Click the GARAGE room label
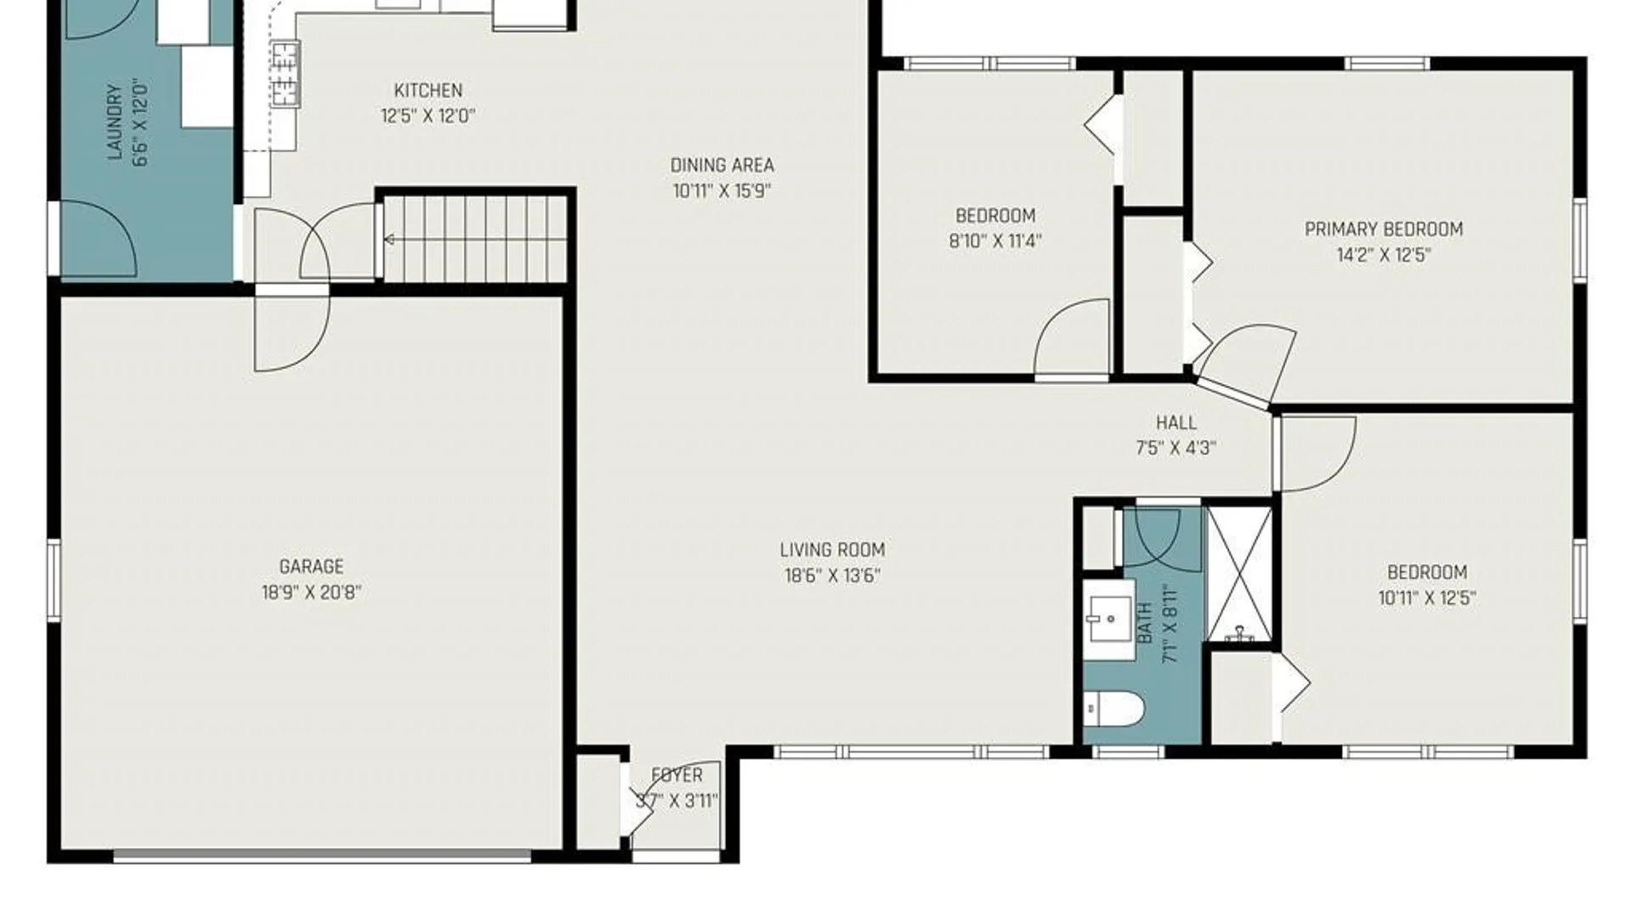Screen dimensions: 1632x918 pos(311,566)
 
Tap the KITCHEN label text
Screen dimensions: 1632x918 pos(428,90)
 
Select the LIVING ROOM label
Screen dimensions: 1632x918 pos(832,550)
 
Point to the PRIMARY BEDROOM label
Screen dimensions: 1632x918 pos(1384,229)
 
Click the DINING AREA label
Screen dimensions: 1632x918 pos(722,165)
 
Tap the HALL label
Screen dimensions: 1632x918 pos(1176,422)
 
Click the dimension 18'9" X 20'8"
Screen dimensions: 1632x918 pos(311,592)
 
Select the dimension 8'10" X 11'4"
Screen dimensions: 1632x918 pos(995,241)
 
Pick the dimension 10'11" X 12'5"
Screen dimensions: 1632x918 pos(1427,598)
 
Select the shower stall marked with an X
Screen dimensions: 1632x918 pos(1239,574)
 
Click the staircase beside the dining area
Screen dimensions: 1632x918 pos(475,239)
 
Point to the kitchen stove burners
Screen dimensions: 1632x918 pos(285,74)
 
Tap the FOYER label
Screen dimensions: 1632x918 pos(677,775)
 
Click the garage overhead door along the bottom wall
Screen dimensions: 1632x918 pos(323,856)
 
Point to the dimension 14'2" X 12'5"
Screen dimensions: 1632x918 pos(1384,255)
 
